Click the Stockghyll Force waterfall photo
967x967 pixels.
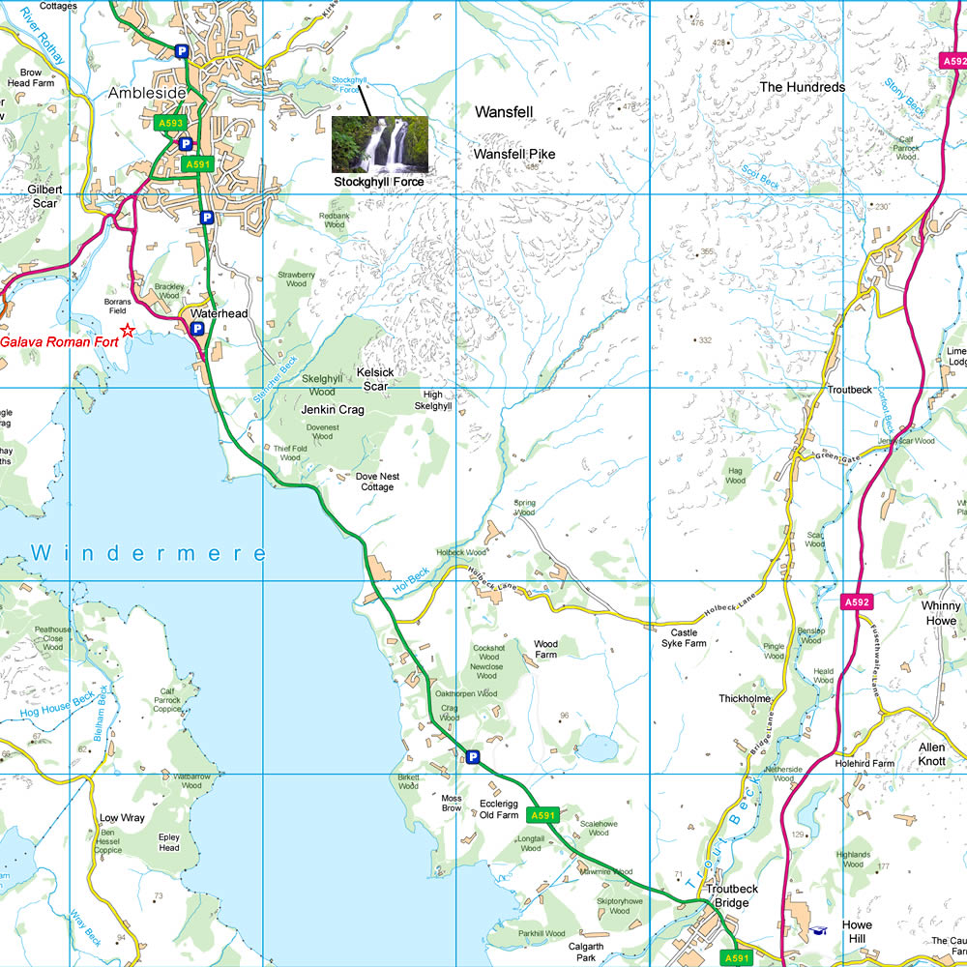tap(379, 144)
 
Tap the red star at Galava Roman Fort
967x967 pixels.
tap(128, 331)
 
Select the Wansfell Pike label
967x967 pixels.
tap(513, 154)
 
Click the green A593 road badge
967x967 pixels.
tap(170, 123)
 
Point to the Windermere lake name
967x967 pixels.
tap(148, 553)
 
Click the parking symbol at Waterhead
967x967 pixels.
tap(197, 329)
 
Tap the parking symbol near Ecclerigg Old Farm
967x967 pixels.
tap(473, 757)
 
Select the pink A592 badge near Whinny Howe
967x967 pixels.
tap(857, 602)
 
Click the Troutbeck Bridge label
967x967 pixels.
tap(726, 895)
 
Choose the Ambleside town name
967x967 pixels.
tap(147, 92)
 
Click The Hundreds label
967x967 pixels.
tap(802, 87)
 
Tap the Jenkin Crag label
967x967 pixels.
tap(332, 410)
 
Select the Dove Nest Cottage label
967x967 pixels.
tap(375, 482)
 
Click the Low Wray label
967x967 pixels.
tap(122, 818)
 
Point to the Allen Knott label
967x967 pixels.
tap(931, 754)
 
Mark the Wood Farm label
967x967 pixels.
tap(545, 649)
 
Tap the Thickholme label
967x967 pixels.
tap(744, 698)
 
